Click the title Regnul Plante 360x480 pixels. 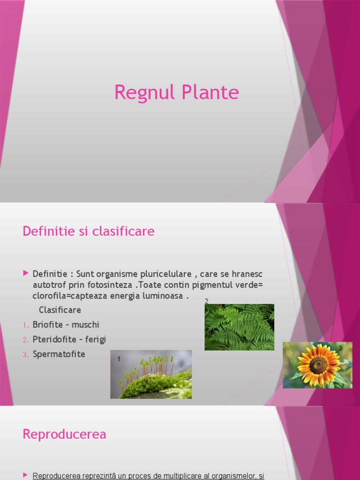[177, 92]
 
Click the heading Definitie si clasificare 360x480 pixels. [89, 231]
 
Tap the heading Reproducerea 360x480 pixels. [64, 435]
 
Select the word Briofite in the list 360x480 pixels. [47, 325]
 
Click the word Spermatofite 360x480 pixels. [59, 354]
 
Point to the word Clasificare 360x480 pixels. [60, 310]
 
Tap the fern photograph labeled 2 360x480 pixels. [239, 327]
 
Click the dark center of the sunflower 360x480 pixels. [318, 364]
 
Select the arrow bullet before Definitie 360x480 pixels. [26, 273]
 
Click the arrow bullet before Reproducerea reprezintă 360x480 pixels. [26, 475]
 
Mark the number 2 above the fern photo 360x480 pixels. [206, 301]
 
